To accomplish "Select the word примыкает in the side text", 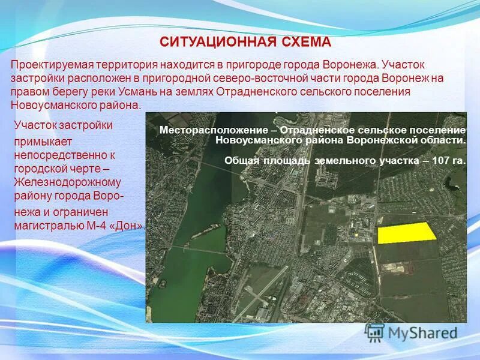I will click(43, 140).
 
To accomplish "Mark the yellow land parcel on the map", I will click(406, 232).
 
